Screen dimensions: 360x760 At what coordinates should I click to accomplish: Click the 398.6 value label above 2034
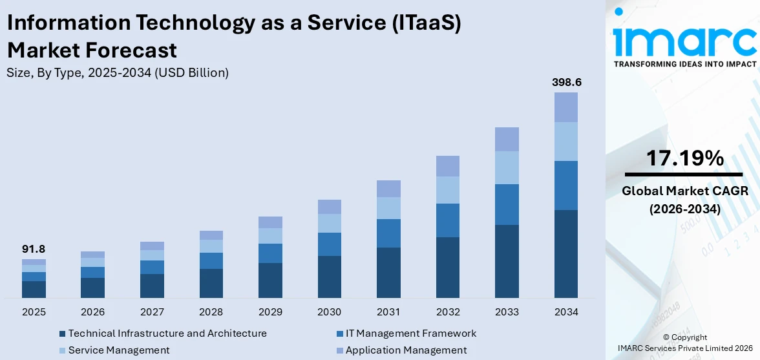pyautogui.click(x=565, y=83)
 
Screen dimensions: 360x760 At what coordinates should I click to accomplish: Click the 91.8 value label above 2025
pyautogui.click(x=34, y=249)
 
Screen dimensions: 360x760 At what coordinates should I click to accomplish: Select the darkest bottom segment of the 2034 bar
pyautogui.click(x=565, y=253)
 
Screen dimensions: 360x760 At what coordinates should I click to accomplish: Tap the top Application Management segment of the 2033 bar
pyautogui.click(x=507, y=139)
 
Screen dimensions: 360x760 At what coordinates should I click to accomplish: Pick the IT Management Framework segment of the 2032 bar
pyautogui.click(x=447, y=220)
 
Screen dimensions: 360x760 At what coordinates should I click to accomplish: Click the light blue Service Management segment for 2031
pyautogui.click(x=388, y=208)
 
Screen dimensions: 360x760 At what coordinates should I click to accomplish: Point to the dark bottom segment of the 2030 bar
pyautogui.click(x=329, y=277)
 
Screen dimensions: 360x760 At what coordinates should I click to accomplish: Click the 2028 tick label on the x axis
pyautogui.click(x=211, y=312)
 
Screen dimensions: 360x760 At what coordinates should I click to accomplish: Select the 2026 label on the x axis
pyautogui.click(x=93, y=312)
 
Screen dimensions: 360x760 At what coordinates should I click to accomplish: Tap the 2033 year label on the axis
pyautogui.click(x=507, y=312)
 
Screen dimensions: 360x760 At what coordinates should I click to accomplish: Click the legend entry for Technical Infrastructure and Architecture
pyautogui.click(x=167, y=334)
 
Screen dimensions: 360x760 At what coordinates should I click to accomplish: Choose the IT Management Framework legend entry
pyautogui.click(x=410, y=334)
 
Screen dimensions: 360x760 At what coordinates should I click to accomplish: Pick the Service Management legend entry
pyautogui.click(x=119, y=350)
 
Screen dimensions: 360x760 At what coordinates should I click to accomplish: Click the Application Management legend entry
pyautogui.click(x=406, y=350)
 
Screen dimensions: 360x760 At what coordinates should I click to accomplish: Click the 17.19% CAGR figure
pyautogui.click(x=685, y=158)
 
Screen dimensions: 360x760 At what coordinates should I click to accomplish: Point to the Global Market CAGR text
pyautogui.click(x=685, y=191)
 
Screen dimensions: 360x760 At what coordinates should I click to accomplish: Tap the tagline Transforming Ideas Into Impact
pyautogui.click(x=684, y=64)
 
